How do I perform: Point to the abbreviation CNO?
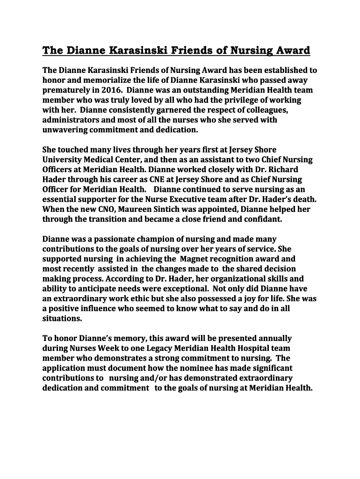coord(105,210)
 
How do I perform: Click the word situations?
coord(62,319)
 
